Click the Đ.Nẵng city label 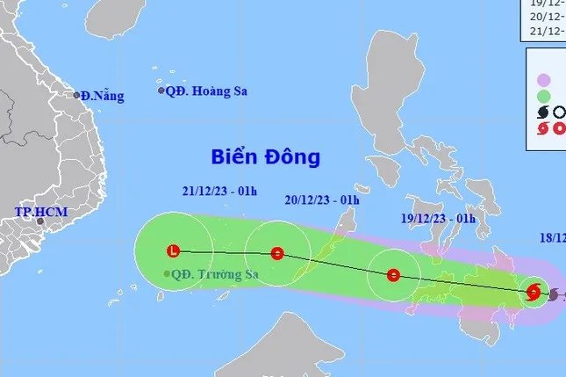tap(102, 96)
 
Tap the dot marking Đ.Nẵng tap(77, 95)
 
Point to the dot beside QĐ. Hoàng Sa tap(161, 91)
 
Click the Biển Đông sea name tap(266, 157)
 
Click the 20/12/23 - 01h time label tap(322, 199)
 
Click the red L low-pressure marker tap(173, 252)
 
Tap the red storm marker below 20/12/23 tap(277, 254)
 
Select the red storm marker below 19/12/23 tap(393, 275)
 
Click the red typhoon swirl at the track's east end tap(533, 293)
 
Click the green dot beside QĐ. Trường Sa tap(167, 274)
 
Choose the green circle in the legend tap(544, 96)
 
